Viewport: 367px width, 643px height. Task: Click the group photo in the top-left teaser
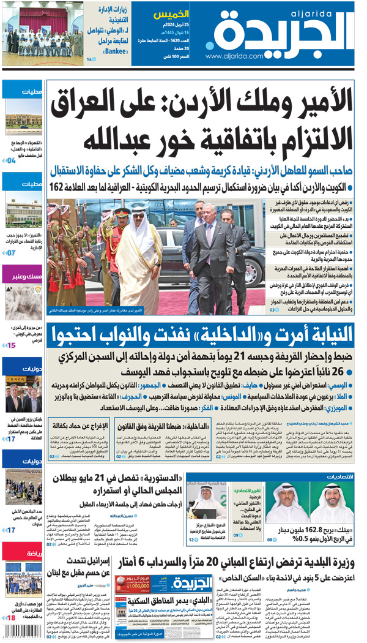point(43,29)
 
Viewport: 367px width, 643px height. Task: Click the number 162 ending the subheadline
point(59,187)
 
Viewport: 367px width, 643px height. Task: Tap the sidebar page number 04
point(10,160)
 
